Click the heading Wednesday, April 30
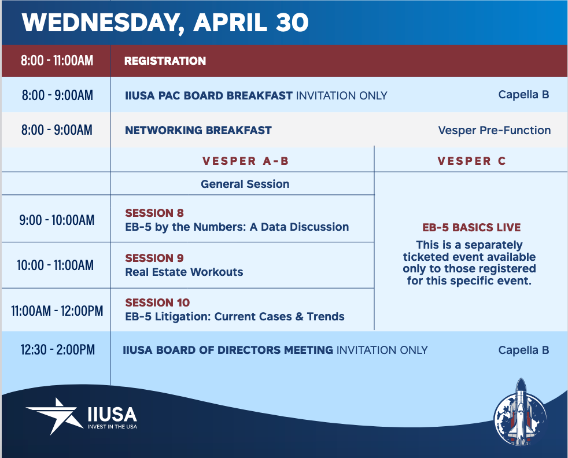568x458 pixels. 165,23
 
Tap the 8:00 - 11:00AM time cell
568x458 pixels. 57,61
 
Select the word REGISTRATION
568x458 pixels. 165,61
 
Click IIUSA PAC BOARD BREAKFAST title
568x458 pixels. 209,95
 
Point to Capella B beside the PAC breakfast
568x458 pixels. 523,94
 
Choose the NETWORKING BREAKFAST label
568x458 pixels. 198,130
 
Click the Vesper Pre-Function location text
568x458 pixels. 495,130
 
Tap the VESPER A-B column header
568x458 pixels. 245,161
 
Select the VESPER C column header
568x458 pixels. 471,161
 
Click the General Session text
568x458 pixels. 245,184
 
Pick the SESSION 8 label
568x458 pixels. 154,213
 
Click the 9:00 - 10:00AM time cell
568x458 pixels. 57,220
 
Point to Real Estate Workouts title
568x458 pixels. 184,272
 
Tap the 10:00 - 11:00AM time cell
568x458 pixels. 55,265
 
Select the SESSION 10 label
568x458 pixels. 157,302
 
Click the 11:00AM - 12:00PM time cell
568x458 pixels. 57,311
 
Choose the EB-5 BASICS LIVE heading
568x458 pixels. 471,227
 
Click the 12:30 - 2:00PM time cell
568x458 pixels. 58,350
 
